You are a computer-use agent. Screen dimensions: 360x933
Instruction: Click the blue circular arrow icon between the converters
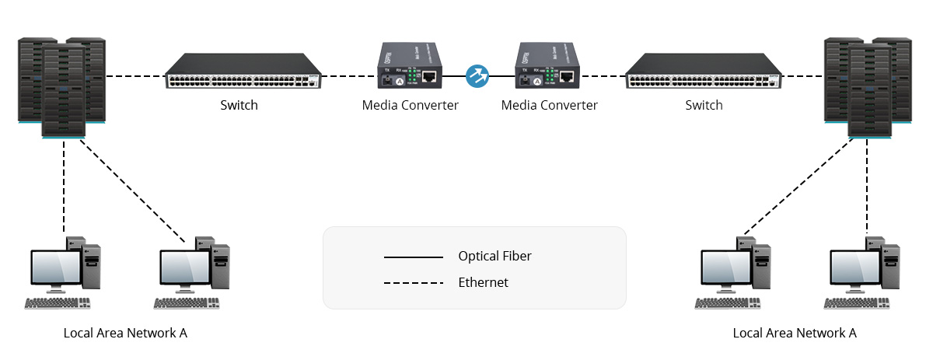pos(477,75)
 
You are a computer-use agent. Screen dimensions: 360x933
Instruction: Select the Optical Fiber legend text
pos(494,256)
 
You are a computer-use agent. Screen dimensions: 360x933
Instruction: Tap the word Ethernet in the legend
pos(483,282)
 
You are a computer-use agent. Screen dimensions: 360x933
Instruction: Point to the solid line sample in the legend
pos(413,257)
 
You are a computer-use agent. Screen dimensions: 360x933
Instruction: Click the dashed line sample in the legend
pos(413,283)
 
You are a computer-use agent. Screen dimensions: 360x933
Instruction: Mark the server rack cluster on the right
pos(868,86)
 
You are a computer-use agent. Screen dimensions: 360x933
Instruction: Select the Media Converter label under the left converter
pos(410,105)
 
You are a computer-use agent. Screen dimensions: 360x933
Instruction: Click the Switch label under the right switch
pos(704,105)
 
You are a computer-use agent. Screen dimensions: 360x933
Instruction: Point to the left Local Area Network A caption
pos(125,333)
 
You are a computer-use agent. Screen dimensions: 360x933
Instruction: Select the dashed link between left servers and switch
pos(135,76)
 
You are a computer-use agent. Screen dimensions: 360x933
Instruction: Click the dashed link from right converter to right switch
pos(603,76)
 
